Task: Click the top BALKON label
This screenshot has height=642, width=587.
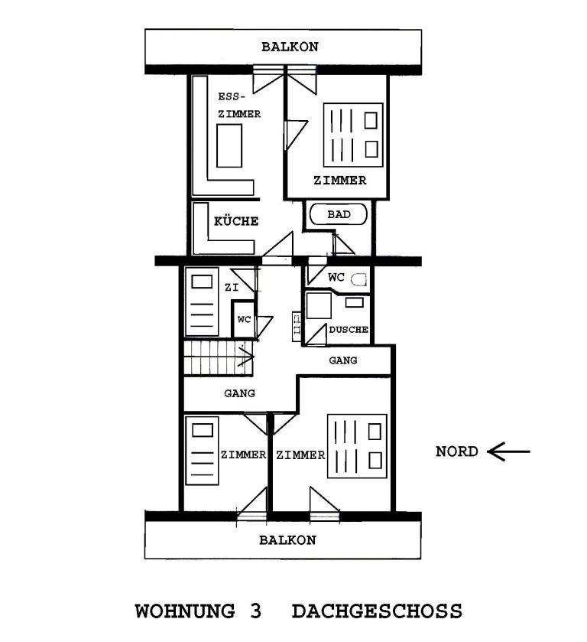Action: (290, 47)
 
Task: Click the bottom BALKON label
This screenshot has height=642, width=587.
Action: (287, 540)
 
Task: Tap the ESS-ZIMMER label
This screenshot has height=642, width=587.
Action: (239, 106)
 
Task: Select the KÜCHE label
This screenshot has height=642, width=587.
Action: (236, 221)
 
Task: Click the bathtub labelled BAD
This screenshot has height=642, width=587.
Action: (339, 214)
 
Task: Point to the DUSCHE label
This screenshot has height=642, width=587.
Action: (349, 329)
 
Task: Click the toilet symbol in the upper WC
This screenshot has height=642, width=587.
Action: (360, 279)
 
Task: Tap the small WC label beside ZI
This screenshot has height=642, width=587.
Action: (244, 319)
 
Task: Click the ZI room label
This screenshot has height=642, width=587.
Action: (232, 288)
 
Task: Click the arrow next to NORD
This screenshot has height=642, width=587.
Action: (508, 451)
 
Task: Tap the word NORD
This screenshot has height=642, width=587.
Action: (457, 451)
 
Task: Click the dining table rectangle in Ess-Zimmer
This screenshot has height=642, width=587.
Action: (229, 145)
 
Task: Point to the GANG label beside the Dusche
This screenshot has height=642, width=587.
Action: (342, 360)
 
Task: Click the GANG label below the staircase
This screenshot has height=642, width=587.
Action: (239, 393)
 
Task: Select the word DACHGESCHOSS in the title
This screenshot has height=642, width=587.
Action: (377, 611)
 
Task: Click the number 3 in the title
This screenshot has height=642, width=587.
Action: (255, 611)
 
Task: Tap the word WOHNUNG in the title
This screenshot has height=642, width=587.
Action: (185, 611)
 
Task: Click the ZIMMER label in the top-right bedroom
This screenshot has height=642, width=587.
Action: (339, 180)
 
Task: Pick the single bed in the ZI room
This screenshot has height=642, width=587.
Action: (202, 301)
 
